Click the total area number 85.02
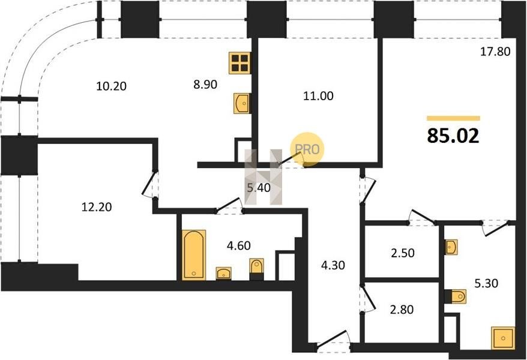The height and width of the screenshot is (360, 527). [x=453, y=136]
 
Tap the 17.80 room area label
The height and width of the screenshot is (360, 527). [x=495, y=52]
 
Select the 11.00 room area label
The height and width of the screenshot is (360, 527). [x=318, y=96]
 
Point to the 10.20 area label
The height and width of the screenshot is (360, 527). [x=111, y=86]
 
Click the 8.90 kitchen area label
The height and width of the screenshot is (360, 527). [x=205, y=84]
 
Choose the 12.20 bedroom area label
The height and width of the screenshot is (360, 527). [x=97, y=207]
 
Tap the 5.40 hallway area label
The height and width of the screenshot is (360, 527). [x=259, y=188]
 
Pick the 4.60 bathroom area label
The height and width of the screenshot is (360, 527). [x=239, y=245]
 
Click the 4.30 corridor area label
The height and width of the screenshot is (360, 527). [x=333, y=265]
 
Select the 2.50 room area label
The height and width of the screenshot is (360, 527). [x=403, y=253]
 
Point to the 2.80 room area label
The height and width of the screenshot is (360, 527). [x=402, y=309]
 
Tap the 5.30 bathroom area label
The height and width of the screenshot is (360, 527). [x=486, y=283]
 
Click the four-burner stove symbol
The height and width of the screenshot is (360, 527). [x=240, y=63]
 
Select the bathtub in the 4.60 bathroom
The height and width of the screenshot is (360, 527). [x=194, y=254]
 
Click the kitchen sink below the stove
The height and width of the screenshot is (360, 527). [x=242, y=103]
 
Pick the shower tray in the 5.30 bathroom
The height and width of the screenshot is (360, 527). [x=503, y=338]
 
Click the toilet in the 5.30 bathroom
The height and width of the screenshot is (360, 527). [x=456, y=296]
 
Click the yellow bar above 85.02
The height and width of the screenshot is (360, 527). [x=453, y=118]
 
